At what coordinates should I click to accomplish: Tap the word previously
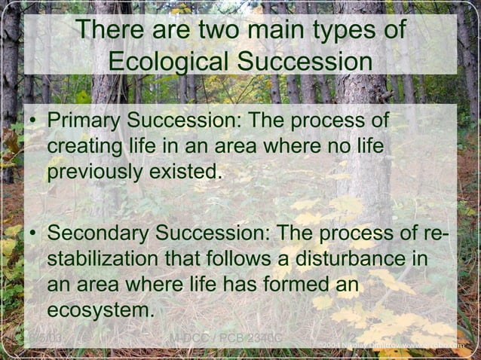click(93, 172)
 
